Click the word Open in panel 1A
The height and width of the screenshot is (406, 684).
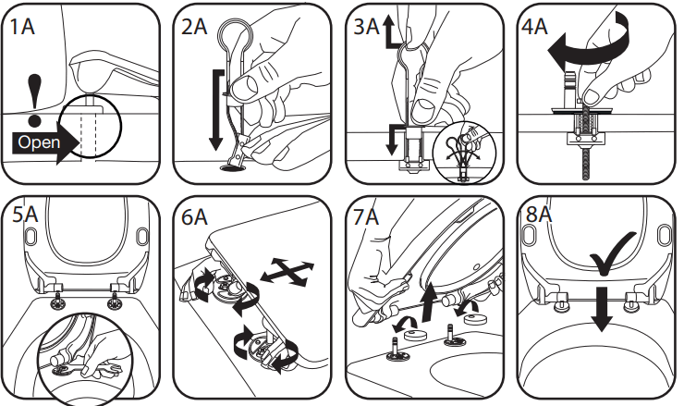40,143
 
